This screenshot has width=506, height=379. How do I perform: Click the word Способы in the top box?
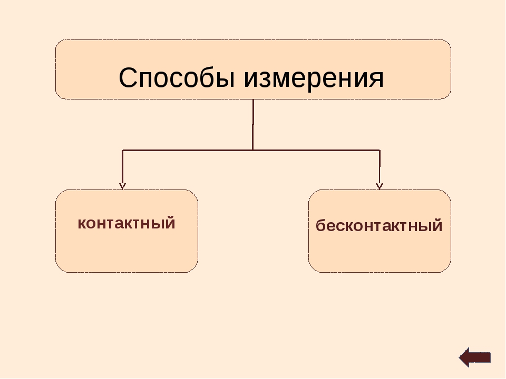pyautogui.click(x=177, y=78)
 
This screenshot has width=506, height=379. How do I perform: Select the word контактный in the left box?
pyautogui.click(x=126, y=223)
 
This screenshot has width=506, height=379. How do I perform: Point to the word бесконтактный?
pyautogui.click(x=379, y=225)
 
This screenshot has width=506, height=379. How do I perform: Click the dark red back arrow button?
pyautogui.click(x=475, y=357)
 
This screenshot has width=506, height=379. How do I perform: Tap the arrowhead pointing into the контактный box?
pyautogui.click(x=122, y=186)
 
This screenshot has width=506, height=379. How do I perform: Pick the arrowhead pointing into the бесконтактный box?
pyautogui.click(x=379, y=186)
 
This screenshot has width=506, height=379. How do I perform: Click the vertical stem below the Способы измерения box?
pyautogui.click(x=253, y=125)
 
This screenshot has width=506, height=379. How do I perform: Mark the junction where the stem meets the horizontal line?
pyautogui.click(x=252, y=150)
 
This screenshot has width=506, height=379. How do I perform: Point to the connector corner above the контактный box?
pyautogui.click(x=123, y=150)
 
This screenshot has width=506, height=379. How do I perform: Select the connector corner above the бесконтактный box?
pyautogui.click(x=379, y=150)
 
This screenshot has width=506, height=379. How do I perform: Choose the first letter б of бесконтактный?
pyautogui.click(x=321, y=225)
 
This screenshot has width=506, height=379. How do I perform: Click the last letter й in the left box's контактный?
pyautogui.click(x=170, y=222)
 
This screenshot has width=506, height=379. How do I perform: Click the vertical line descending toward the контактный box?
pyautogui.click(x=122, y=168)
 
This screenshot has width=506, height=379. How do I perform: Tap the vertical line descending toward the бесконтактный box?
pyautogui.click(x=379, y=168)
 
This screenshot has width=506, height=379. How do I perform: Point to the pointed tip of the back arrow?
pyautogui.click(x=460, y=357)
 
